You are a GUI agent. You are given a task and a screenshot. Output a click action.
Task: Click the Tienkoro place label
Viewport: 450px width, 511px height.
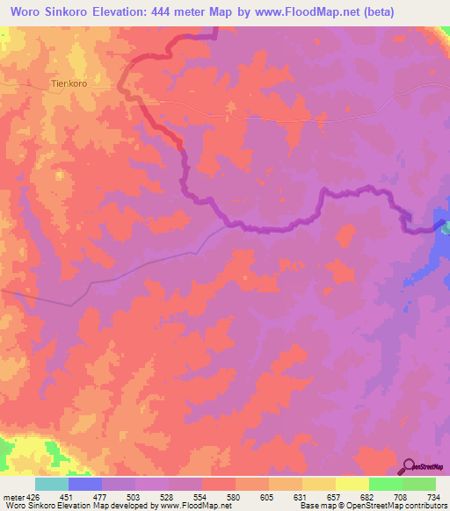tap(70, 85)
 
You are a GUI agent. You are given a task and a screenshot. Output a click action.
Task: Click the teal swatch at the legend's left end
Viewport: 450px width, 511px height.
tap(52, 484)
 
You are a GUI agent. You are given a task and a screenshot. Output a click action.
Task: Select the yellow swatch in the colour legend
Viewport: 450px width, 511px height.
tap(352, 484)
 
